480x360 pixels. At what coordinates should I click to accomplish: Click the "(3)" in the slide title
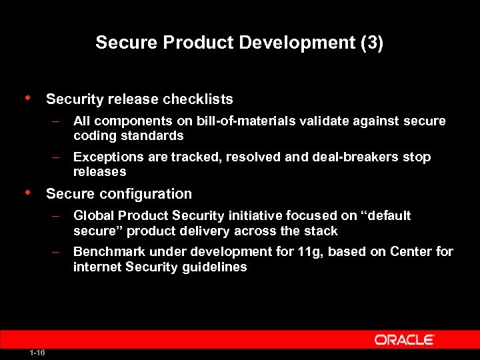(371, 43)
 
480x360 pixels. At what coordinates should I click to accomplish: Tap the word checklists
(199, 99)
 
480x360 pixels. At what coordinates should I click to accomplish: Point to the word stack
(322, 231)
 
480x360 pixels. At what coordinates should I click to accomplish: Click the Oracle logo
(404, 340)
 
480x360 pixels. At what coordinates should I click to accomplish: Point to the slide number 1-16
(37, 353)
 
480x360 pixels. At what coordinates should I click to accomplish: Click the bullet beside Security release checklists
(27, 98)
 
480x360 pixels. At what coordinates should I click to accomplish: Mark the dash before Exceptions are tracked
(58, 157)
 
